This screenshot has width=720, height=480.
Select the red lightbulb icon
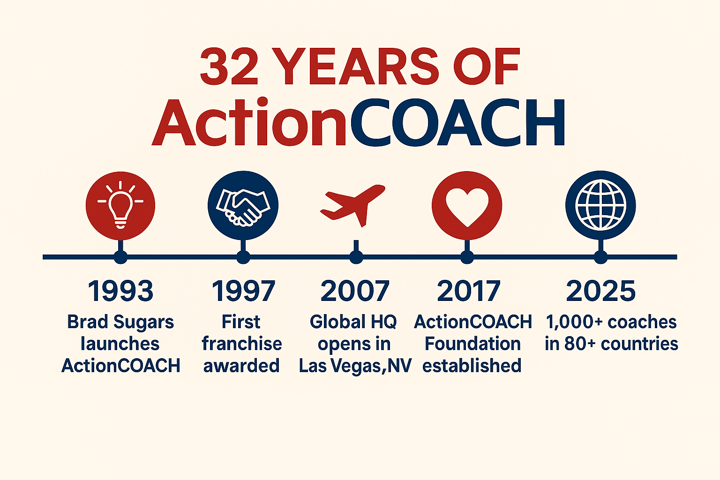click(120, 205)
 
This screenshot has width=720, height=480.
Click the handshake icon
click(243, 205)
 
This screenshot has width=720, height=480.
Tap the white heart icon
click(467, 205)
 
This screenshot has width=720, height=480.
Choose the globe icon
click(600, 205)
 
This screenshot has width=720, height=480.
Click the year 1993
click(120, 291)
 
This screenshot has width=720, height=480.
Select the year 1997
click(243, 291)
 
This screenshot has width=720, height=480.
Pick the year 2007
click(355, 291)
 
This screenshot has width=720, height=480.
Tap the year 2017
click(469, 291)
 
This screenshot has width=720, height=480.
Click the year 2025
click(600, 291)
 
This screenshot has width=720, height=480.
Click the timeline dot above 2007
click(356, 257)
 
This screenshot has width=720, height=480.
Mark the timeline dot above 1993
click(120, 257)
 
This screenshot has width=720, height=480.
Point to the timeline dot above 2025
click(600, 257)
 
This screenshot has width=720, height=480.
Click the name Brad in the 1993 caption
click(87, 322)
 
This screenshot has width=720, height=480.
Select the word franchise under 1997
click(242, 344)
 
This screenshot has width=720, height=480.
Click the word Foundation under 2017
click(472, 344)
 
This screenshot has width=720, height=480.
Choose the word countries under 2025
click(639, 344)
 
